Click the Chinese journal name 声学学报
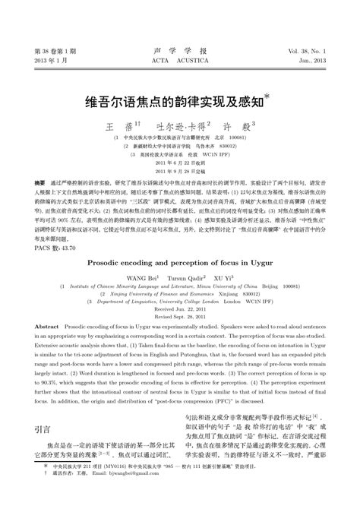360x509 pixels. coord(180,49)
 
